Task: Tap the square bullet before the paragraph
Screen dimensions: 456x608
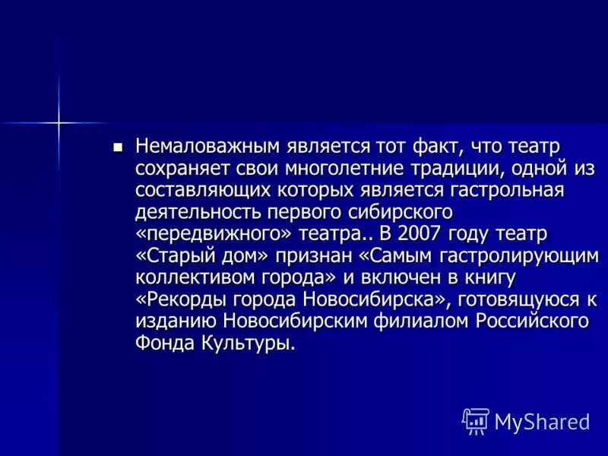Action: [x=116, y=146]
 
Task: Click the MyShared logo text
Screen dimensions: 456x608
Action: [x=542, y=422]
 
